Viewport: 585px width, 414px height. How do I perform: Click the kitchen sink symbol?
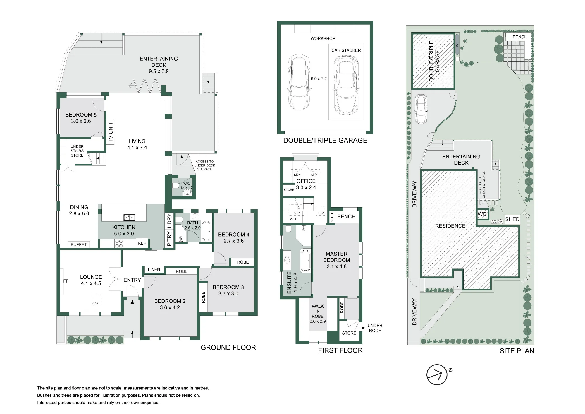pos(129,217)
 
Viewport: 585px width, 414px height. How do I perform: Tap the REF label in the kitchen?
pos(142,243)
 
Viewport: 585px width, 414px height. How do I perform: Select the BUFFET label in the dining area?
pos(79,244)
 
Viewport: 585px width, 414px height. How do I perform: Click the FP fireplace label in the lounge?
pos(66,281)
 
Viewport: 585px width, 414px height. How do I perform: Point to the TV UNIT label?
pos(111,132)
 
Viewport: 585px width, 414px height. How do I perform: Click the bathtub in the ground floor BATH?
pos(207,231)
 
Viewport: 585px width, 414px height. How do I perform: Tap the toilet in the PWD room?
pos(175,185)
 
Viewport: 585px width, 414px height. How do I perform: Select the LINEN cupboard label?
pos(154,270)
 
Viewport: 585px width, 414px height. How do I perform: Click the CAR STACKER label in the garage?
pos(346,50)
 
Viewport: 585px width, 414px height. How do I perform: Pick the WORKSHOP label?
pos(323,39)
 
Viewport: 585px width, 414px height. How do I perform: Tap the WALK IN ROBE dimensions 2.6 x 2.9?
pos(318,321)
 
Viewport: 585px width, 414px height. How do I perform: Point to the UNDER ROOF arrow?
pos(362,328)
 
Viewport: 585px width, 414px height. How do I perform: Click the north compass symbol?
pos(437,374)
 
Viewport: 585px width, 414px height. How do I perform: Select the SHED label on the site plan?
pos(512,219)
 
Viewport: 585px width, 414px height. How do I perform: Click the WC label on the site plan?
pos(482,214)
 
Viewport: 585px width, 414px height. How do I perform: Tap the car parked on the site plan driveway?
pos(421,109)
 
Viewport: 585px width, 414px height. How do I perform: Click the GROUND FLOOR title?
pos(228,348)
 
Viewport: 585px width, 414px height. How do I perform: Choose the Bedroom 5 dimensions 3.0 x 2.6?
pos(81,121)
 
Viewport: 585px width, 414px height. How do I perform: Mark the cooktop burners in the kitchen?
pos(119,244)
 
